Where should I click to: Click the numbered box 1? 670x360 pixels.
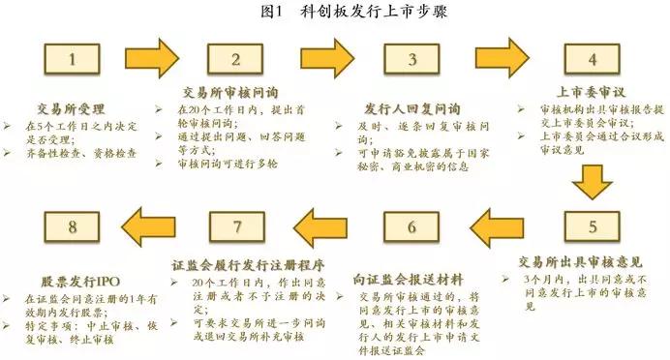pos(71,60)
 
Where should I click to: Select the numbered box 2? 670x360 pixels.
pos(235,60)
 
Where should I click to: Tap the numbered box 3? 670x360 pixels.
pos(411,60)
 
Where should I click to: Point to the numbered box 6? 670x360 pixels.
pos(411,228)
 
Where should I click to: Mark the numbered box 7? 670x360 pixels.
pos(235,228)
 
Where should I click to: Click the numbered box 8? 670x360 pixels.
pos(71,228)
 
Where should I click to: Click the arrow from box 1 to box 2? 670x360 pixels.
pos(153,61)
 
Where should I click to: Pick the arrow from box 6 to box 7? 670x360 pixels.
pos(325,228)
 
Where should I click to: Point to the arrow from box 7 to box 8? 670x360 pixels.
pos(153,228)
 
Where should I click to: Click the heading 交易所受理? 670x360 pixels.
pos(70,108)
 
